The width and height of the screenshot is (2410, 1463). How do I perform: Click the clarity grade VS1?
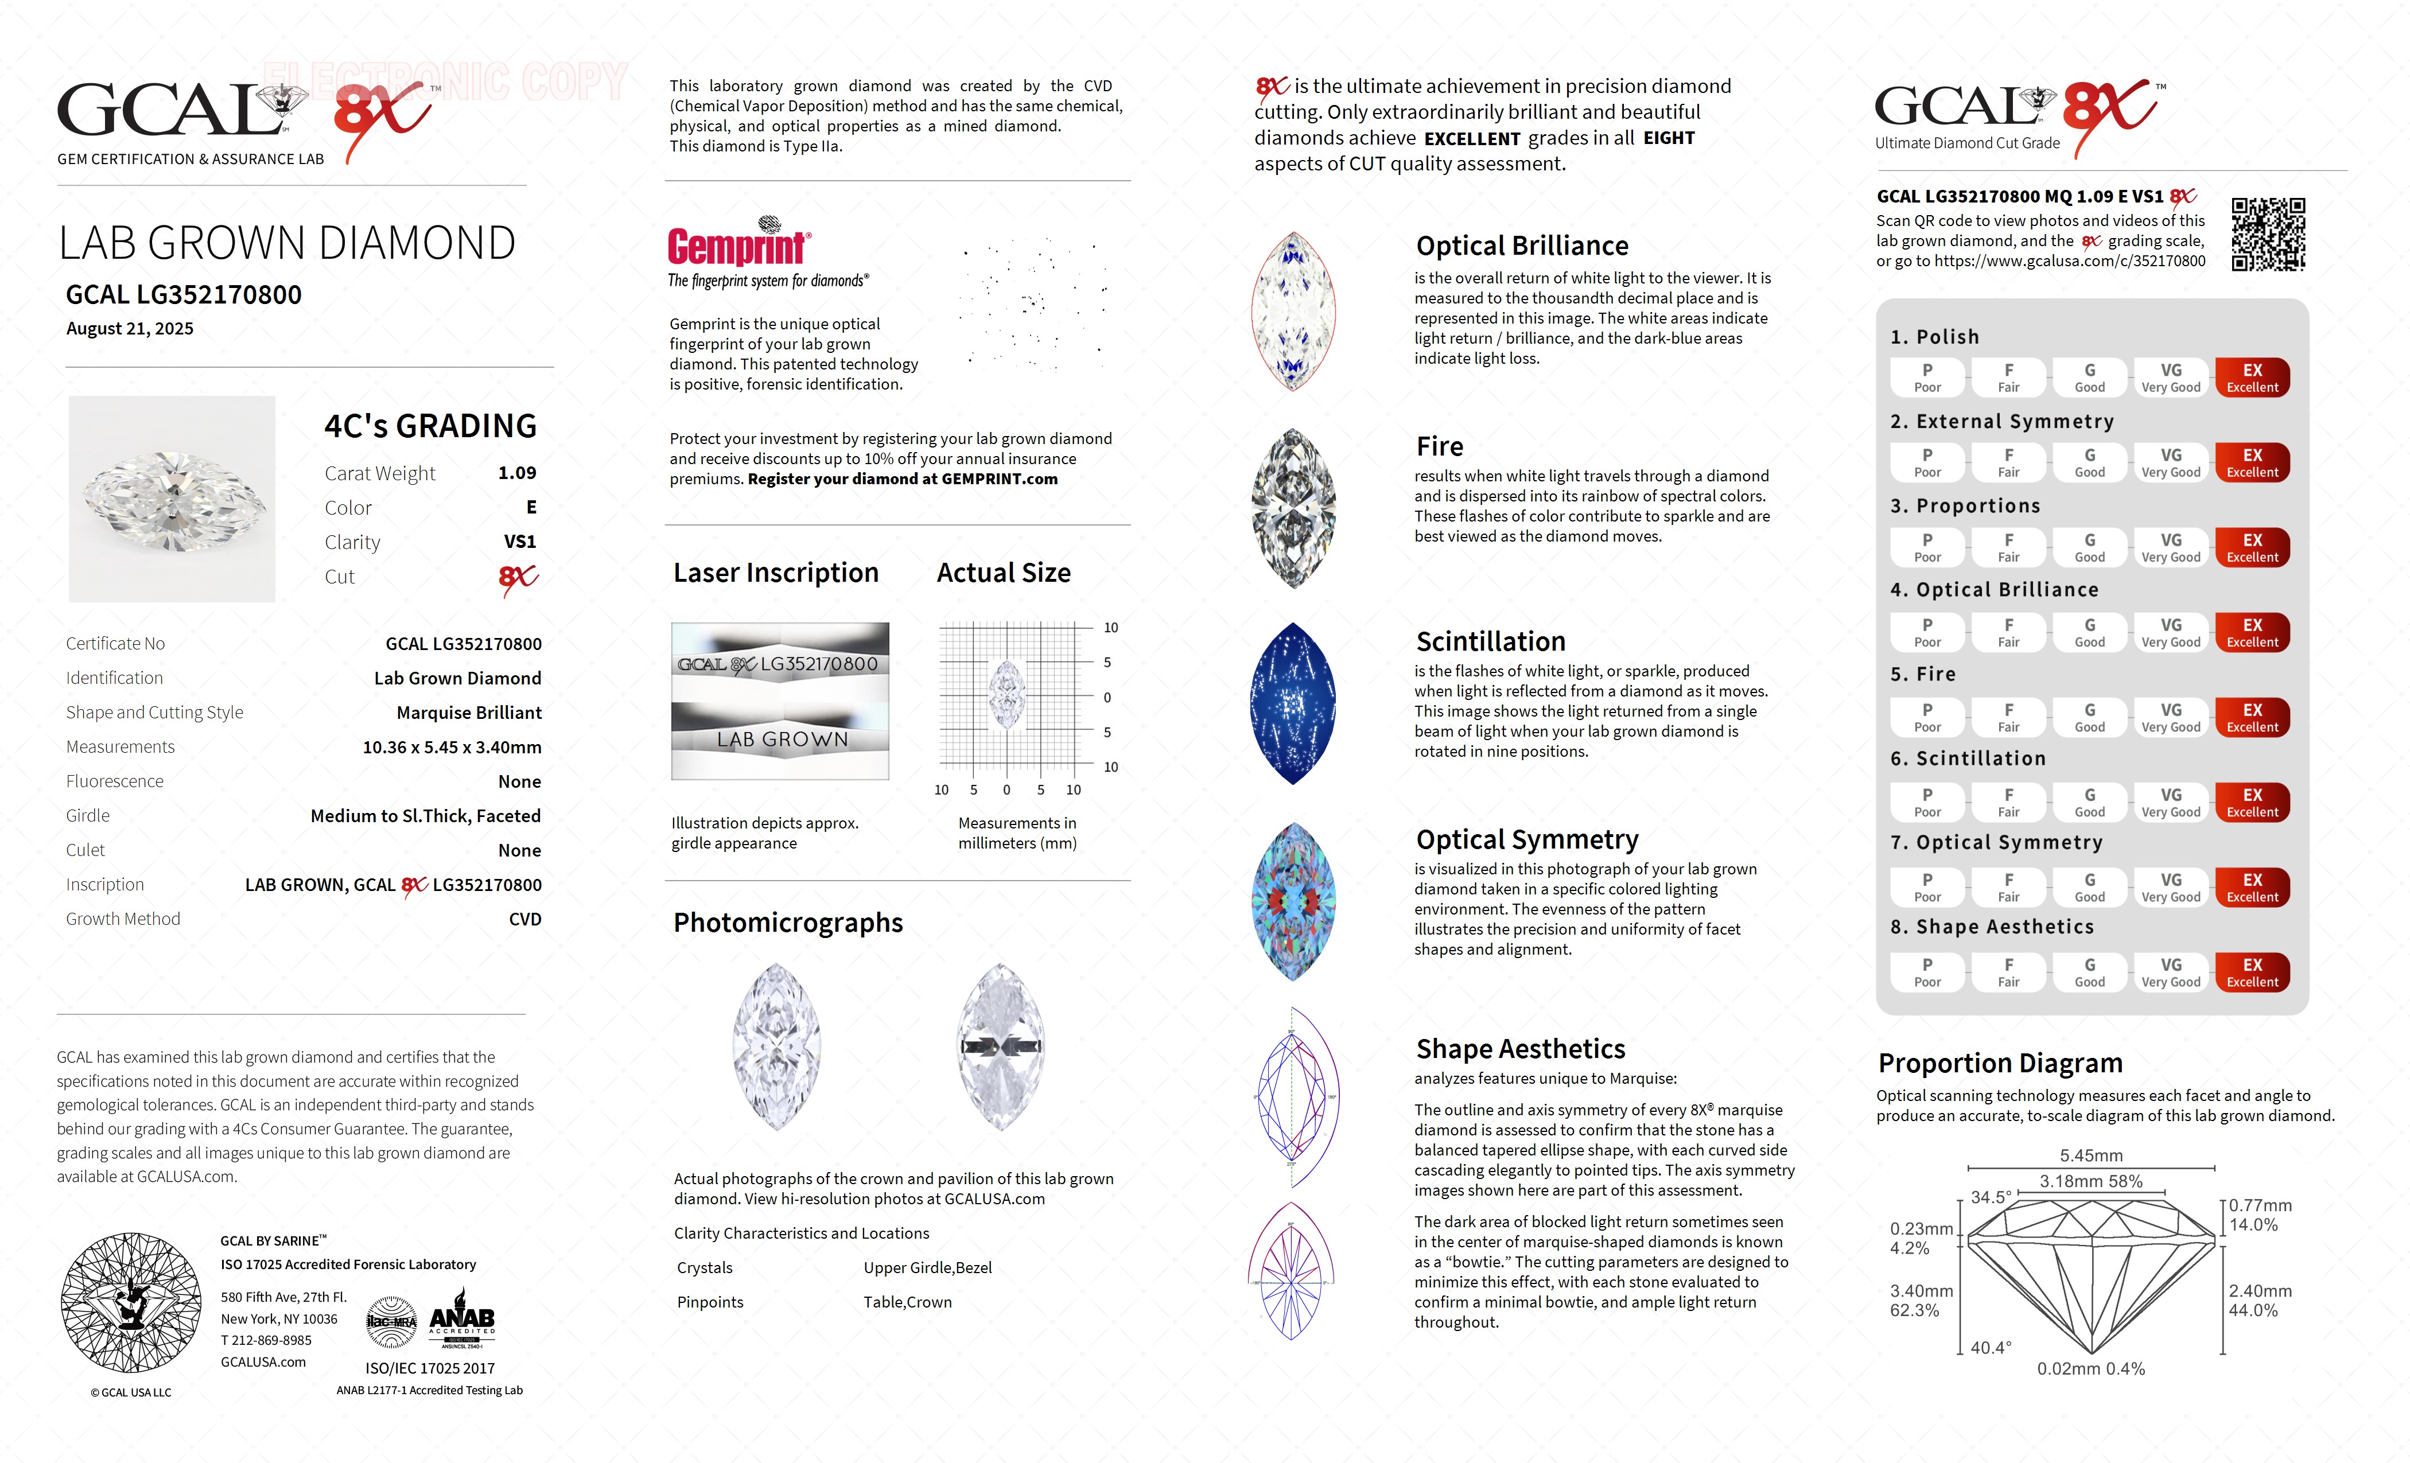click(519, 542)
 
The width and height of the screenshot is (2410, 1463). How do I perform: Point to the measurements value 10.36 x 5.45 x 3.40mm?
click(452, 747)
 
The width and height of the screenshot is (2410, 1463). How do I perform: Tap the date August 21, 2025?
click(130, 329)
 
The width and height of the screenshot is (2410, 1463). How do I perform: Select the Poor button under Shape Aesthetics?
click(1927, 972)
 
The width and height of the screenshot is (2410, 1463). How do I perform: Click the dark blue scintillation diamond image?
click(1293, 703)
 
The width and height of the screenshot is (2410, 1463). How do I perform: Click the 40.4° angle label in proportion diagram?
click(1991, 1348)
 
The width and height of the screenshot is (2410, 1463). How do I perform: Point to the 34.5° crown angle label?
click(1991, 1197)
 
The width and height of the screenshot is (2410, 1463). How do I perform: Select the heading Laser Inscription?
click(776, 573)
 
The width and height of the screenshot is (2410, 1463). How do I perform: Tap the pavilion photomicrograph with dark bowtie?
click(1001, 1046)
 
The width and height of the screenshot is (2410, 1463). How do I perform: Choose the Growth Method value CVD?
click(524, 919)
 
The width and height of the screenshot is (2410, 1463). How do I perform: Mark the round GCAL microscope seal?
click(131, 1302)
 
